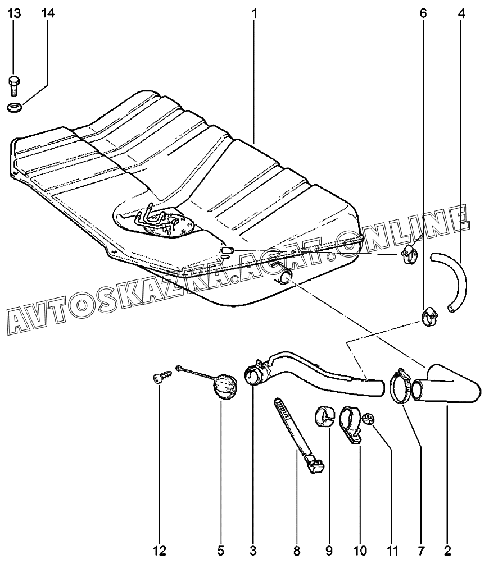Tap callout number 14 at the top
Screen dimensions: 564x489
tap(48, 13)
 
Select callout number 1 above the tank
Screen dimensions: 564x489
tap(254, 13)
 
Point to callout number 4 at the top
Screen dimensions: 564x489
tap(461, 13)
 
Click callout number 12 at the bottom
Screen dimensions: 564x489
tap(159, 549)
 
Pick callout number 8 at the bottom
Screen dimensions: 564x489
tap(297, 549)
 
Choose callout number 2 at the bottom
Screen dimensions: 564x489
tap(447, 549)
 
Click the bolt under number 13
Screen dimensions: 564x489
tap(15, 85)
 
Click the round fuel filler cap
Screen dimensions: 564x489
tap(226, 387)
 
